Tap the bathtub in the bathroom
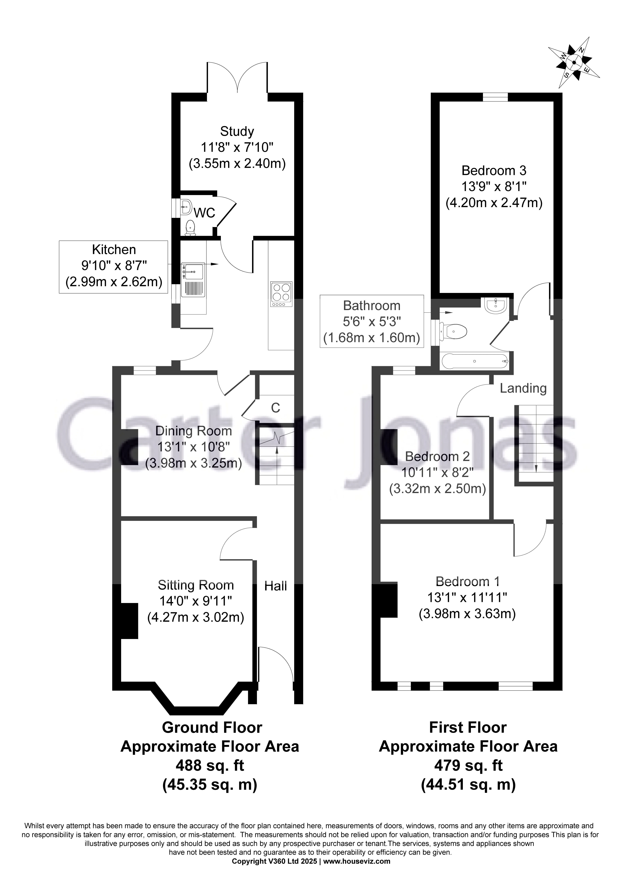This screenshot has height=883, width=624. [475, 361]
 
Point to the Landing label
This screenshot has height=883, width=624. [523, 388]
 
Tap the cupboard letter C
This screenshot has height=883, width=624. [275, 408]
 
